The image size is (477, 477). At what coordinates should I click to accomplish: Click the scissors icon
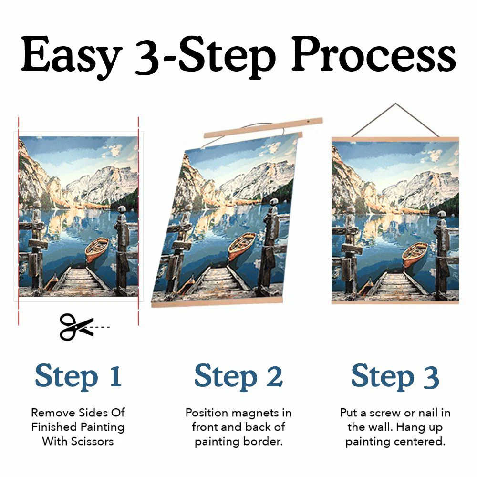pyautogui.click(x=75, y=326)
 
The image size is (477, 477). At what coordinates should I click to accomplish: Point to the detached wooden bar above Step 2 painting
pyautogui.click(x=263, y=128)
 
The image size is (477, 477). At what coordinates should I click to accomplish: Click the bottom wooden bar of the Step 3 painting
pyautogui.click(x=395, y=302)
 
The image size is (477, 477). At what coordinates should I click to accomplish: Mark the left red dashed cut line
pyautogui.click(x=19, y=219)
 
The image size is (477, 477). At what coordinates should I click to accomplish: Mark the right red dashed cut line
pyautogui.click(x=138, y=219)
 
